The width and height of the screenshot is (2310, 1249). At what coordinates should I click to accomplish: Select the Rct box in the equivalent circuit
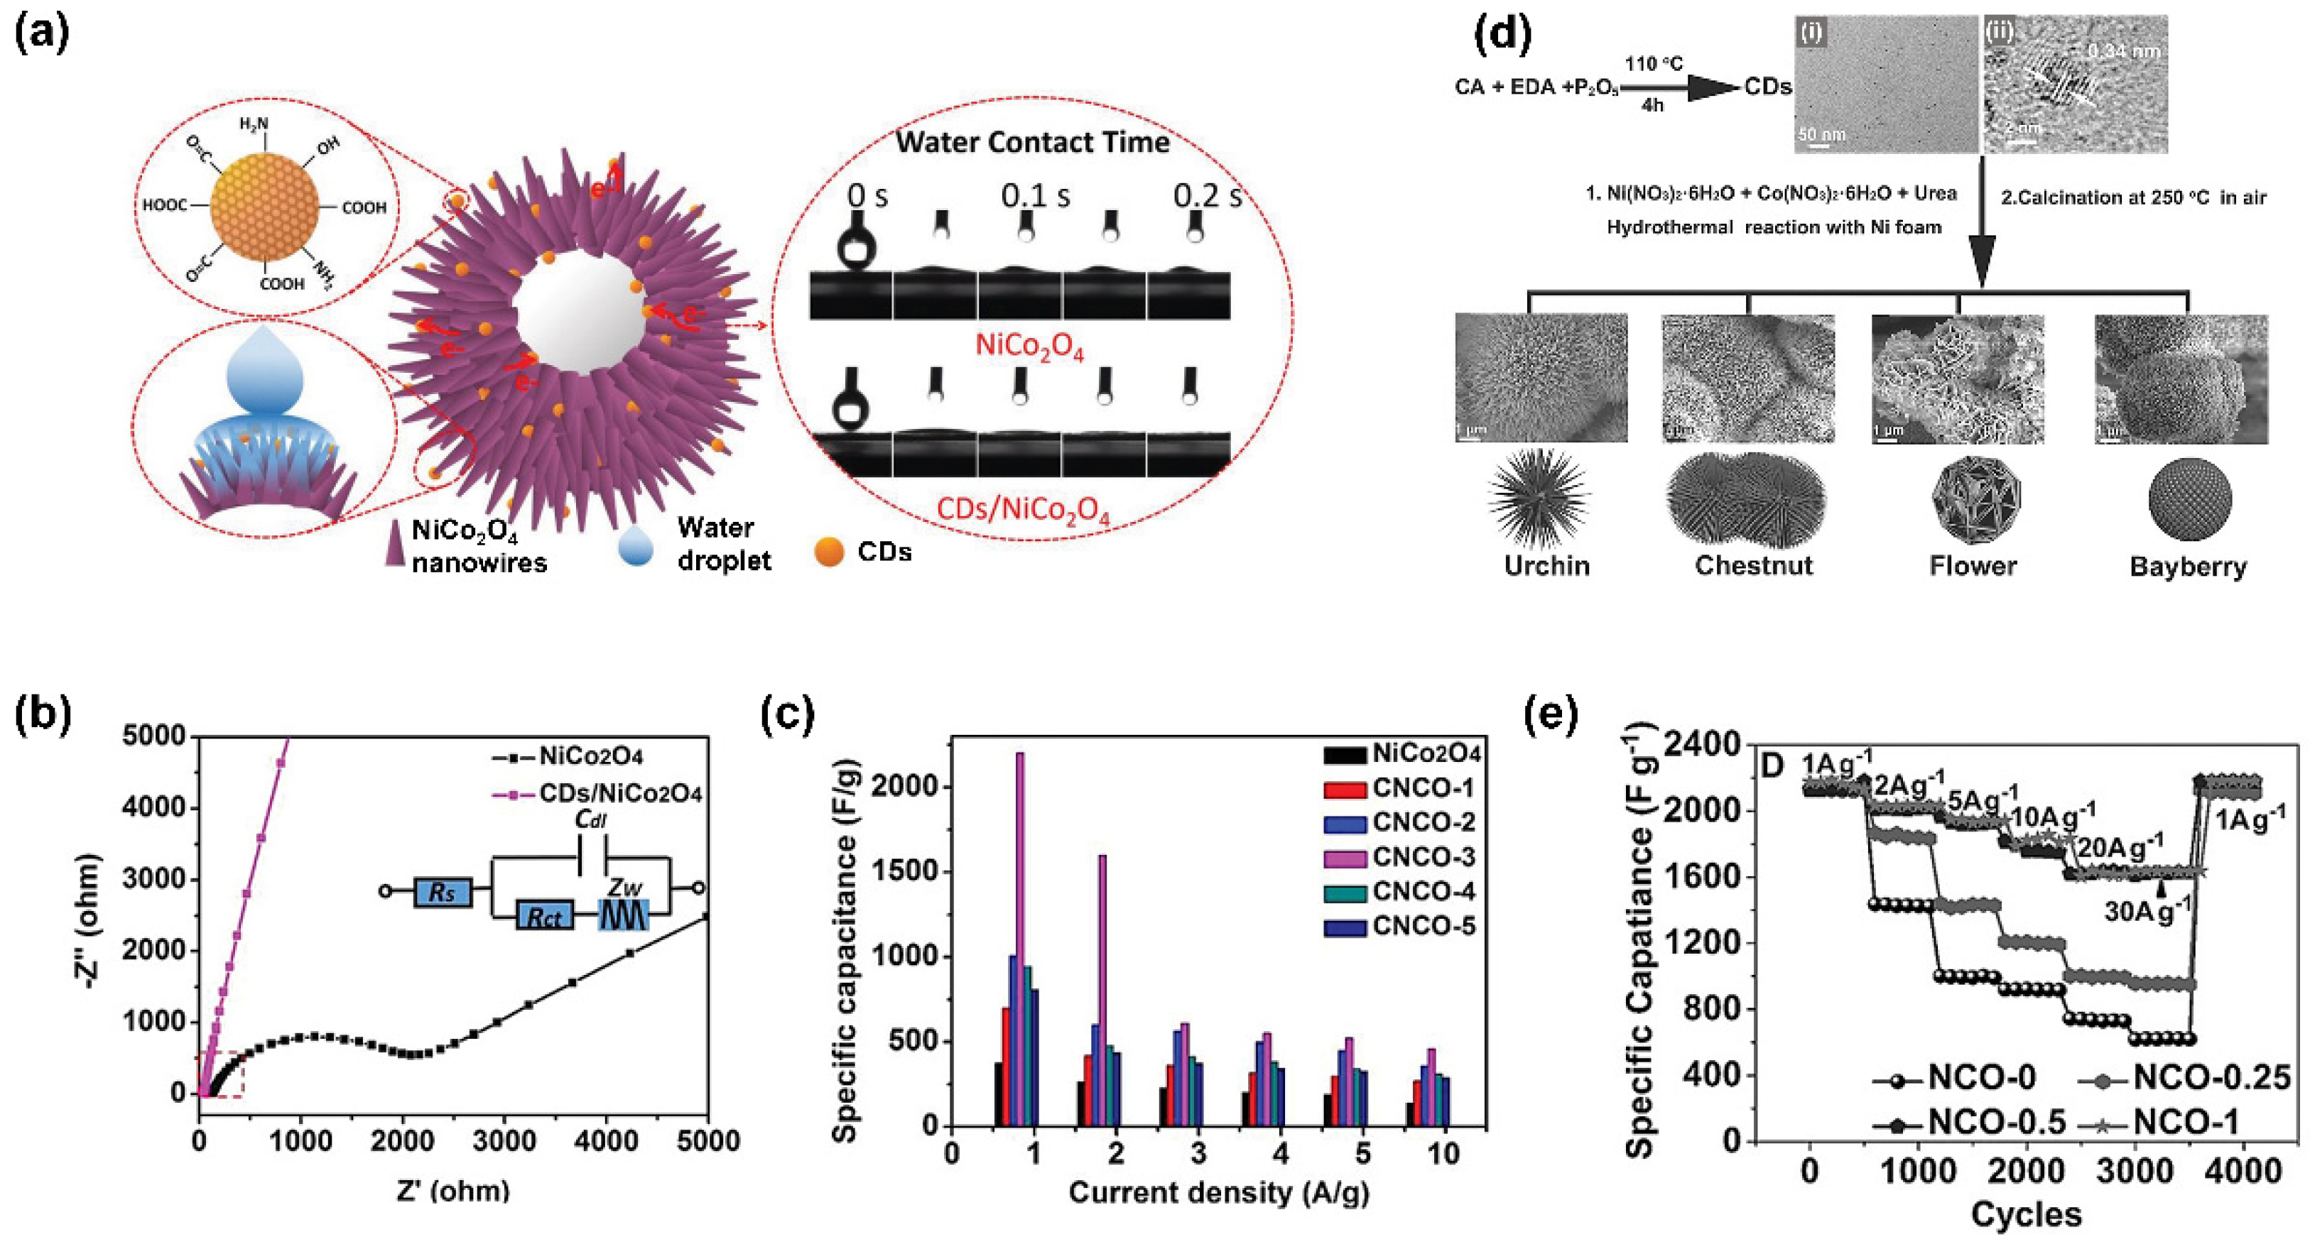544,917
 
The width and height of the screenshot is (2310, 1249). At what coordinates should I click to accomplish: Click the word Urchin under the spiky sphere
1547,566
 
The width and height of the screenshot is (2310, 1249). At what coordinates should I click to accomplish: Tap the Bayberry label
2188,567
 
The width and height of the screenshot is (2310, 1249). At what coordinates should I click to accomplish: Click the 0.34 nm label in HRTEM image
2122,51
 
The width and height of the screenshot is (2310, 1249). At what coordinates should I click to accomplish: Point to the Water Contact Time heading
1032,143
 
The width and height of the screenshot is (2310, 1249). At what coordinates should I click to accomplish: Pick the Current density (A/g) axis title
1219,1192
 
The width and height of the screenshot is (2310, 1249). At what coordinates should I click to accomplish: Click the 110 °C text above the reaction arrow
1654,64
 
